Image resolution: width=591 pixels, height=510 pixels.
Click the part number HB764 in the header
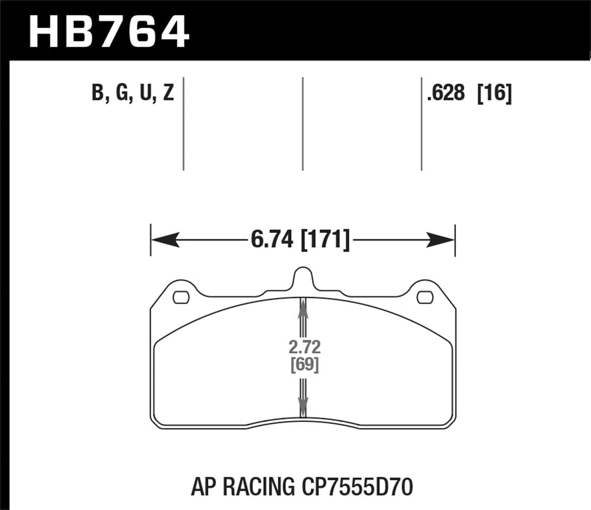(109, 32)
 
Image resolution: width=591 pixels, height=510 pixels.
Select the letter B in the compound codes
(97, 93)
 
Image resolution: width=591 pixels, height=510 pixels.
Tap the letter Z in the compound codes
(169, 93)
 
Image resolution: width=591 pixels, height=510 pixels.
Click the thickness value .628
(445, 93)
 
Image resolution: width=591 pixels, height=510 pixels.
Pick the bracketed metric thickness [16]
(494, 93)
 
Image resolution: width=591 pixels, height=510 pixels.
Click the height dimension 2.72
(305, 347)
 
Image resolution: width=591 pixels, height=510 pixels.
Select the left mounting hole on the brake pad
(181, 297)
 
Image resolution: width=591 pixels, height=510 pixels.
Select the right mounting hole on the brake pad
(425, 297)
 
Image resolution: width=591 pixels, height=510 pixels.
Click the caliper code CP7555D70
(356, 487)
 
